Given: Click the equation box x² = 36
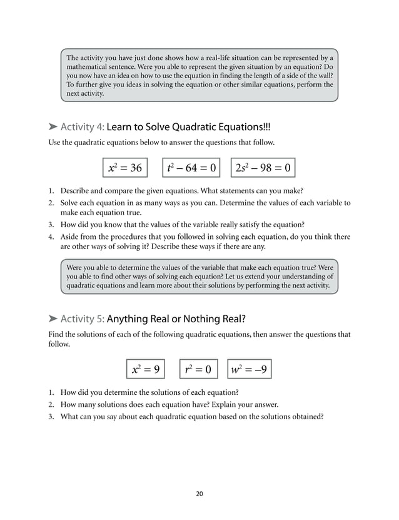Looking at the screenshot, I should click(125, 168).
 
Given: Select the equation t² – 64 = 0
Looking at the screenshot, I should click(191, 168).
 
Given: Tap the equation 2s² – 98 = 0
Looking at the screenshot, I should click(263, 168).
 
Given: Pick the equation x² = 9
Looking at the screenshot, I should click(146, 369).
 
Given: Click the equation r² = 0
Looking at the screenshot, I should click(199, 369).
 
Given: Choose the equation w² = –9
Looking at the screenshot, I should click(250, 369).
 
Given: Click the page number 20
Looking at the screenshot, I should click(199, 494).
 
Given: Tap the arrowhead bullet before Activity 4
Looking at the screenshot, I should click(53, 127).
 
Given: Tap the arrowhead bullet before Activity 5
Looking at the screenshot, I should click(53, 319).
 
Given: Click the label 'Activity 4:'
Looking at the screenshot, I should click(83, 127).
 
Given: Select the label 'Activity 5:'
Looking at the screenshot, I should click(83, 319).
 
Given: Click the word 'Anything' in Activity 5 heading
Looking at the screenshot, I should click(128, 319).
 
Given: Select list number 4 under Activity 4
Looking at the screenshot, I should click(51, 237).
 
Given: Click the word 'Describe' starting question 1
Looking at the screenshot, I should click(76, 191).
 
